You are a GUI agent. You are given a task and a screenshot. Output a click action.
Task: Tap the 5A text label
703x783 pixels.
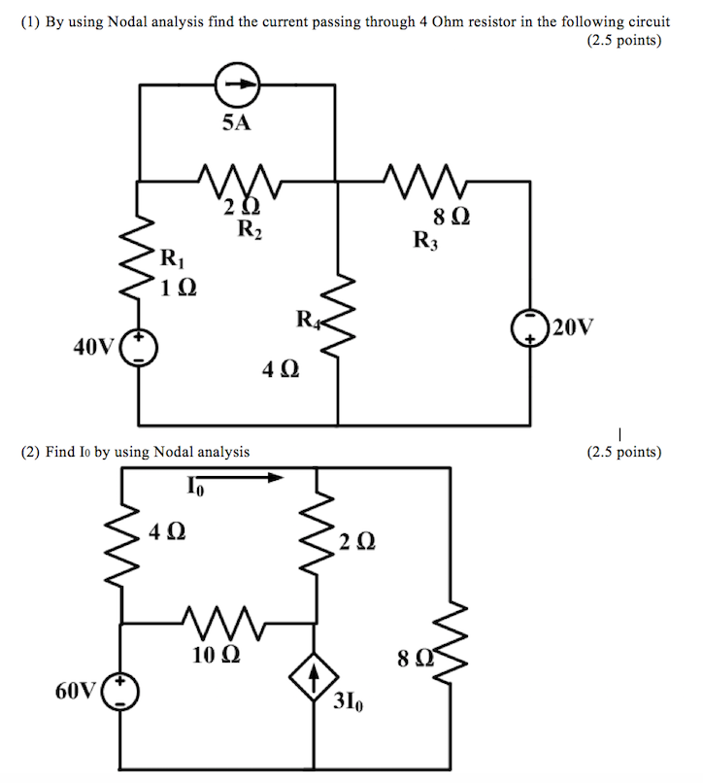click(236, 123)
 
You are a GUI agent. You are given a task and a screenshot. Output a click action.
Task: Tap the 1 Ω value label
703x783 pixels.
click(180, 287)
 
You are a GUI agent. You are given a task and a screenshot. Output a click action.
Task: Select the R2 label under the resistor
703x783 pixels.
click(249, 230)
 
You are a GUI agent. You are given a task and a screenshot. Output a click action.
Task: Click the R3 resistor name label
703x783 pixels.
click(425, 239)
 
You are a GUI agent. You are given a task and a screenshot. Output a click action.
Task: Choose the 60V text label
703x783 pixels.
click(77, 692)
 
